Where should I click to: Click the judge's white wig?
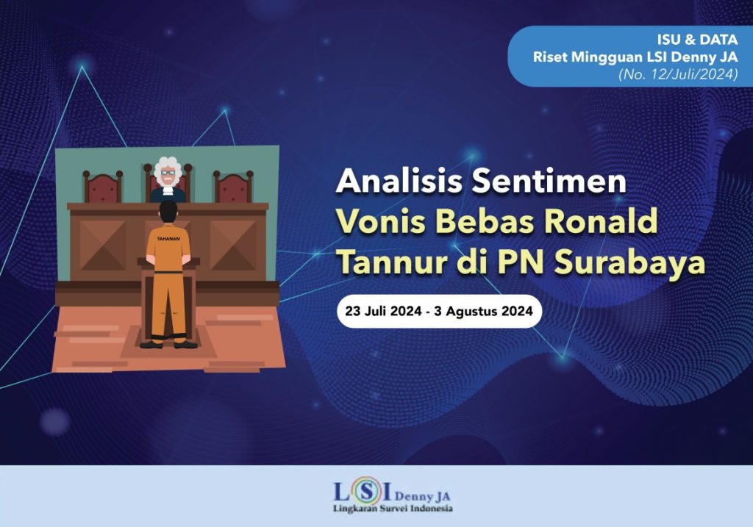[168, 168]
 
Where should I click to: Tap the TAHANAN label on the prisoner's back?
[168, 239]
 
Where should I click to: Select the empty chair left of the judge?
[102, 187]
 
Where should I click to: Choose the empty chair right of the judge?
[233, 187]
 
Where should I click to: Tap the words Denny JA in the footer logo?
[415, 494]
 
